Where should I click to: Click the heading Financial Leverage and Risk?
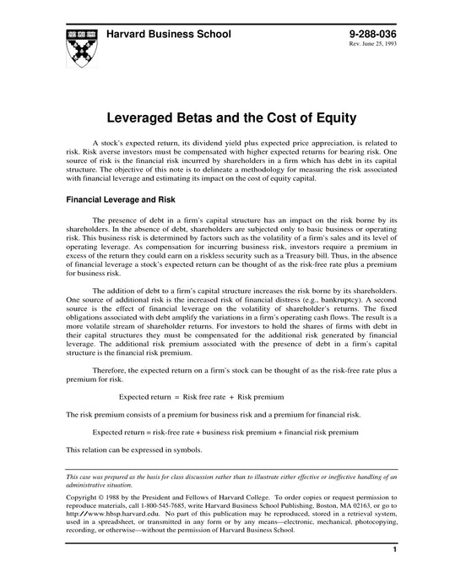tap(116, 201)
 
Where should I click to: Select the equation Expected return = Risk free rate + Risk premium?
tap(200, 396)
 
